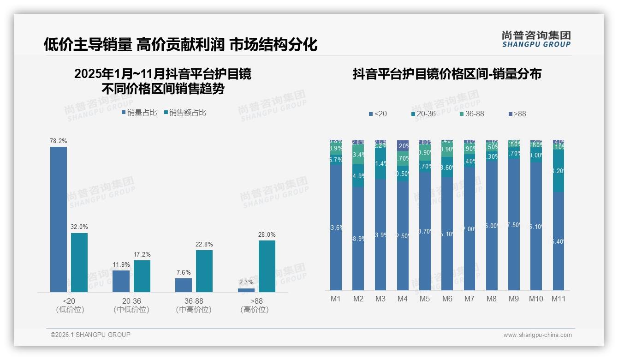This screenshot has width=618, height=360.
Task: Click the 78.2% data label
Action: pos(58,141)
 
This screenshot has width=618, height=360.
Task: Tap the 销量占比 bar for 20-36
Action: pos(121,281)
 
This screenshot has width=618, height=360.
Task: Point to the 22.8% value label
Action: pos(204,244)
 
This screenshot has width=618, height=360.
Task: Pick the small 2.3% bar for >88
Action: pos(246,290)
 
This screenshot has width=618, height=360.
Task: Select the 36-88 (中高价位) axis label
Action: pos(194,305)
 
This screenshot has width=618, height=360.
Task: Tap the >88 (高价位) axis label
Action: pos(255,305)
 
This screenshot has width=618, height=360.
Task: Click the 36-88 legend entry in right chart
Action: pos(472,114)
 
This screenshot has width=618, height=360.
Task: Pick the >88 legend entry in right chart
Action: pos(517,114)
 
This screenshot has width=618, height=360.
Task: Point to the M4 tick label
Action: pos(402,299)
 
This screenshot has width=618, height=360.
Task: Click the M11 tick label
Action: pos(559,299)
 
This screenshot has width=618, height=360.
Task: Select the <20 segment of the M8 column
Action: pos(491,226)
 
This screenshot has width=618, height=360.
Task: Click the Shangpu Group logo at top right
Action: pos(536,39)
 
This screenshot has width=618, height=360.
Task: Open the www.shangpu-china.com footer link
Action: pos(537,335)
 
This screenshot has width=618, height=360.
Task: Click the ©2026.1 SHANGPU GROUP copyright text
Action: pos(90,335)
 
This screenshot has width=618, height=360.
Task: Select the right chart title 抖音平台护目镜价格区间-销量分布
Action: pos(446,74)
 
